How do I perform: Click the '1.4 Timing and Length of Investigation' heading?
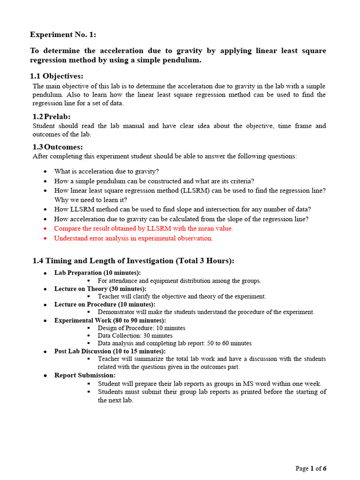133,261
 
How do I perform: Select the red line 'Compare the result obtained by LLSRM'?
143,228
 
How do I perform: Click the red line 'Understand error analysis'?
134,238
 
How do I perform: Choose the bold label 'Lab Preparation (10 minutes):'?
97,273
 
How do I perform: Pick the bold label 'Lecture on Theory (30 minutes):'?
100,289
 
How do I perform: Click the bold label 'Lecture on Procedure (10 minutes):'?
105,304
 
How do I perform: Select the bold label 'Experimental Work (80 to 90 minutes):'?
110,320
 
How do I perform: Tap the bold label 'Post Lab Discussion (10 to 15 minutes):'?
110,351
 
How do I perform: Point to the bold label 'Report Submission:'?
85,375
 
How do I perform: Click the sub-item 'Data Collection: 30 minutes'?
135,336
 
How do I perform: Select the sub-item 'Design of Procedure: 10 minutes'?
142,328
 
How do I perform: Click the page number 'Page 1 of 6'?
311,468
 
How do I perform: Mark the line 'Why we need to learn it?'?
90,200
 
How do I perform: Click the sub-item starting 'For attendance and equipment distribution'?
179,281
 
